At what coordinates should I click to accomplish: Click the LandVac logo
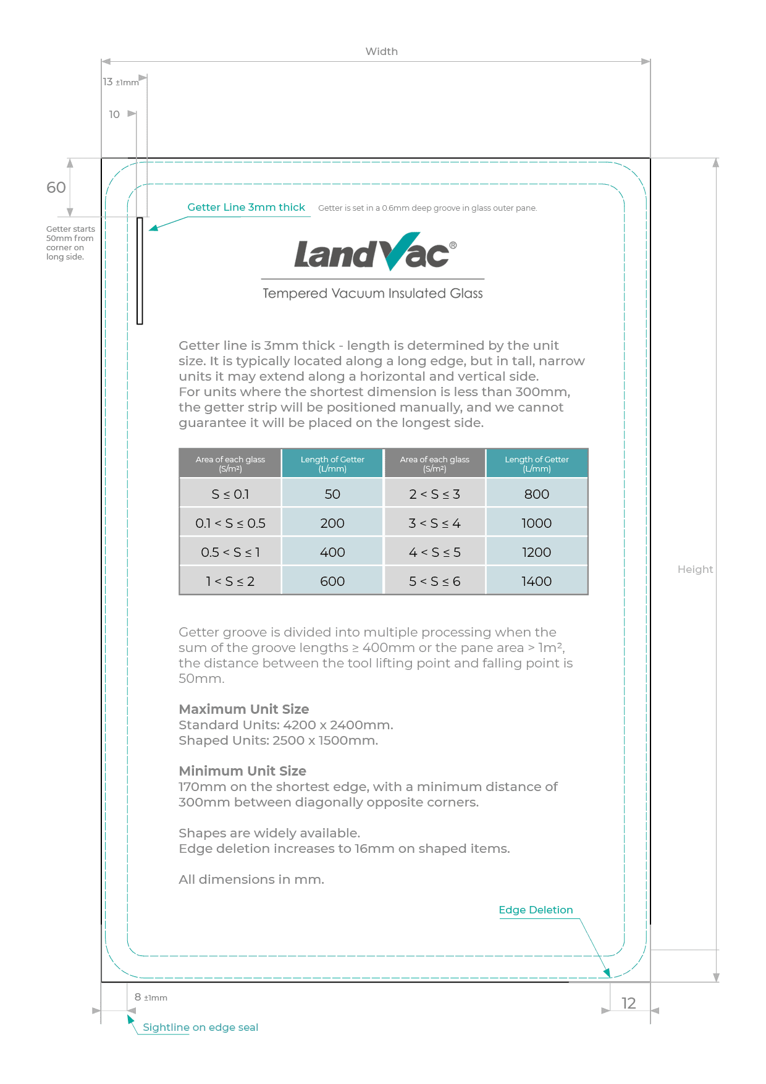[374, 253]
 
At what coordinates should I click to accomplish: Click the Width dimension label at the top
[381, 51]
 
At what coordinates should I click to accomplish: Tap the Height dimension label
[694, 569]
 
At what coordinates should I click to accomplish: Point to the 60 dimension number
[56, 187]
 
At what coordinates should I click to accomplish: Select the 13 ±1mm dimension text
[120, 82]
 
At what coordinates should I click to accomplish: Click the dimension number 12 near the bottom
[628, 1003]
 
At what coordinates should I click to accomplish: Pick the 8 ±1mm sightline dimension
[150, 997]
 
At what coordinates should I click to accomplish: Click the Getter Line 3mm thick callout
[246, 207]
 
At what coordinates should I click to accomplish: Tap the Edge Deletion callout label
[536, 910]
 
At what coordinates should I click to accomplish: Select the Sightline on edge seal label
[200, 1027]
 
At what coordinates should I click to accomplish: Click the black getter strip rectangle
[140, 271]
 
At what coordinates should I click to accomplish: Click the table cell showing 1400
[536, 581]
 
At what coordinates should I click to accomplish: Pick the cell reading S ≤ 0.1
[230, 494]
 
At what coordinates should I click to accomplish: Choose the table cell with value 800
[536, 494]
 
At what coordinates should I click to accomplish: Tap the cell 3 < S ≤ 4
[434, 523]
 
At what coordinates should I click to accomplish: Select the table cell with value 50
[332, 494]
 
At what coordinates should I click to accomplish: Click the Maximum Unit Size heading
[243, 709]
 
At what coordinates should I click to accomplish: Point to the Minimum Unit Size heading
[242, 771]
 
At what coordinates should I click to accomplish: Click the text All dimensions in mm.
[251, 879]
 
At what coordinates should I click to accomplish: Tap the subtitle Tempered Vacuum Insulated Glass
[372, 293]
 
